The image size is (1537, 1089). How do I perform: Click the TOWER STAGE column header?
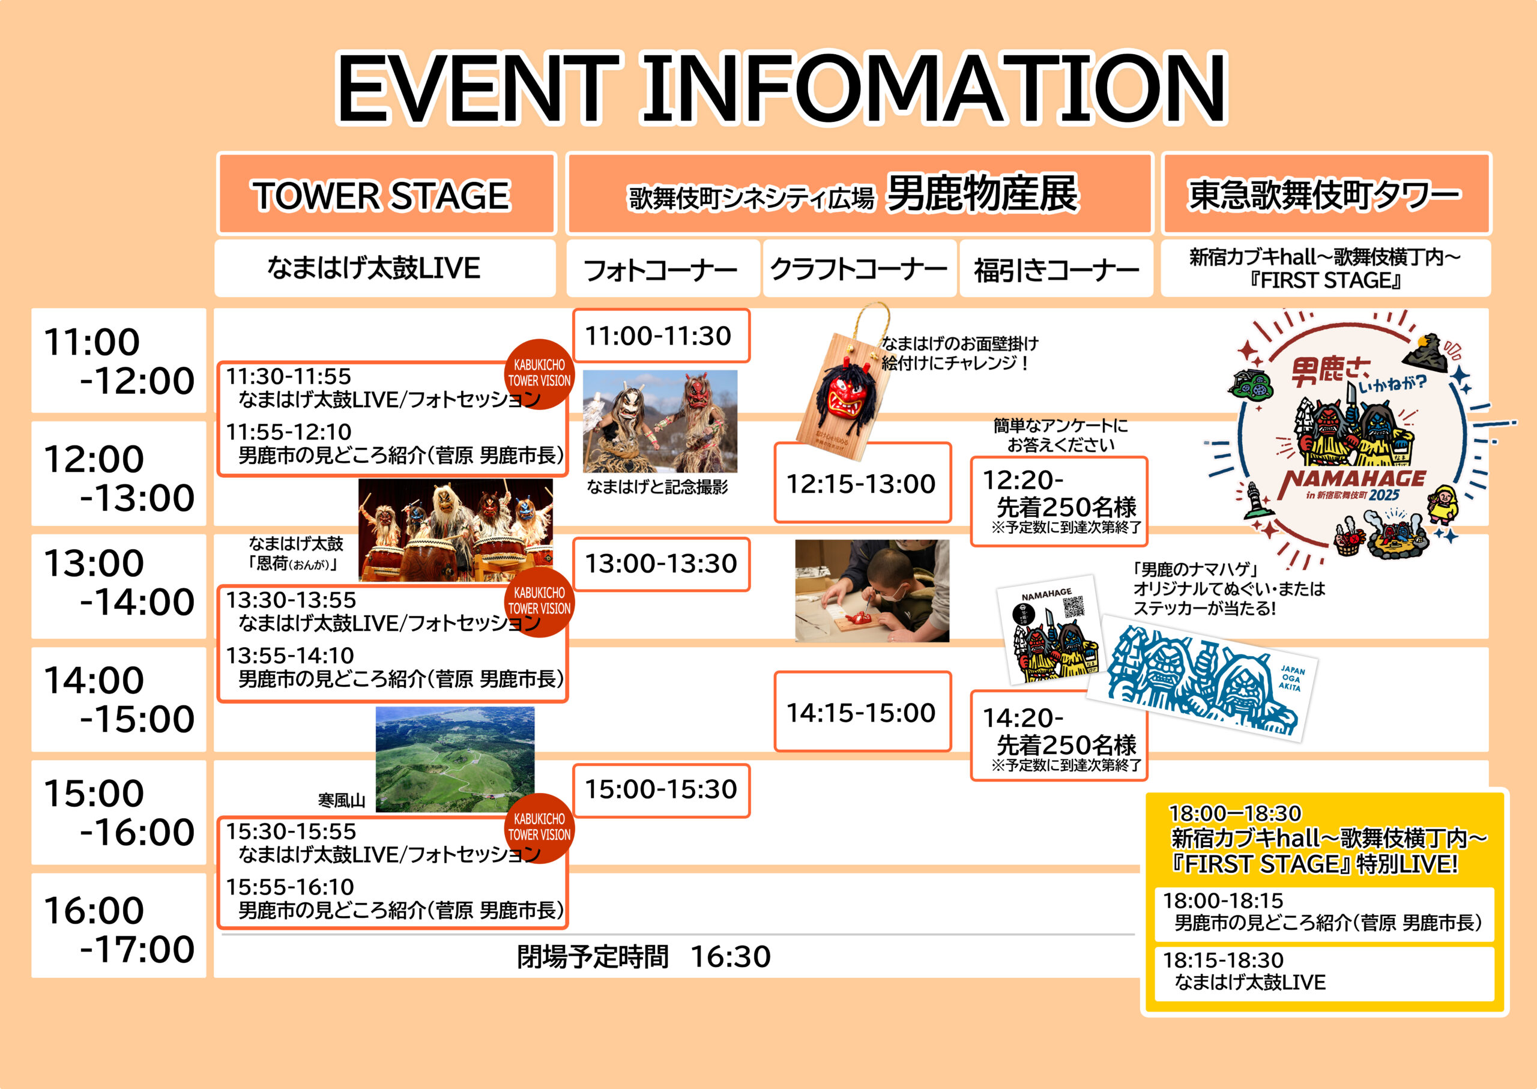click(387, 194)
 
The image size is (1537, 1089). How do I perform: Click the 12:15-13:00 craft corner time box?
click(862, 482)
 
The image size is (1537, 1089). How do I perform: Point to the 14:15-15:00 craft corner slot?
click(862, 711)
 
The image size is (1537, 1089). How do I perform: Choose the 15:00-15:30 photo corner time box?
click(661, 790)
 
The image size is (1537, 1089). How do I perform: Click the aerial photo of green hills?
click(455, 759)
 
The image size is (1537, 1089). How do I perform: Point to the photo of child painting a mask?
click(872, 591)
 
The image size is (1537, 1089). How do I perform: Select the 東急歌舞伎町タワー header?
click(1326, 194)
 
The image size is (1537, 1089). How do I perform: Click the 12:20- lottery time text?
click(1022, 481)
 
